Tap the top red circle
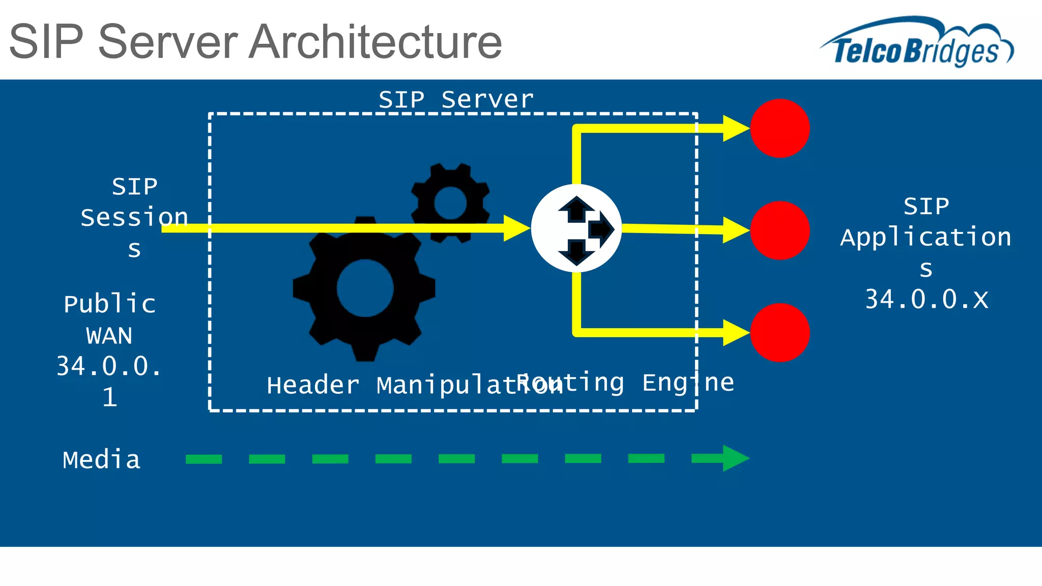[x=779, y=128]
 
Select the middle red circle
[x=779, y=230]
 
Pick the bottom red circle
[x=779, y=333]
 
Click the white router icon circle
[x=576, y=228]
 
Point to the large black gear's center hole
[x=365, y=288]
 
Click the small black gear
[x=450, y=202]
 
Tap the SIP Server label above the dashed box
[x=456, y=99]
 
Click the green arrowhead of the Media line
[x=735, y=458]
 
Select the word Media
[x=101, y=460]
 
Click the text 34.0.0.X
[x=926, y=299]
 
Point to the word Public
[x=109, y=304]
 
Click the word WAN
[x=109, y=336]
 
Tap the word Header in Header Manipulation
[x=312, y=385]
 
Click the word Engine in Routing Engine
[x=688, y=383]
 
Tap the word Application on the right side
[x=925, y=238]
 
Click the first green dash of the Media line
[x=204, y=459]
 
